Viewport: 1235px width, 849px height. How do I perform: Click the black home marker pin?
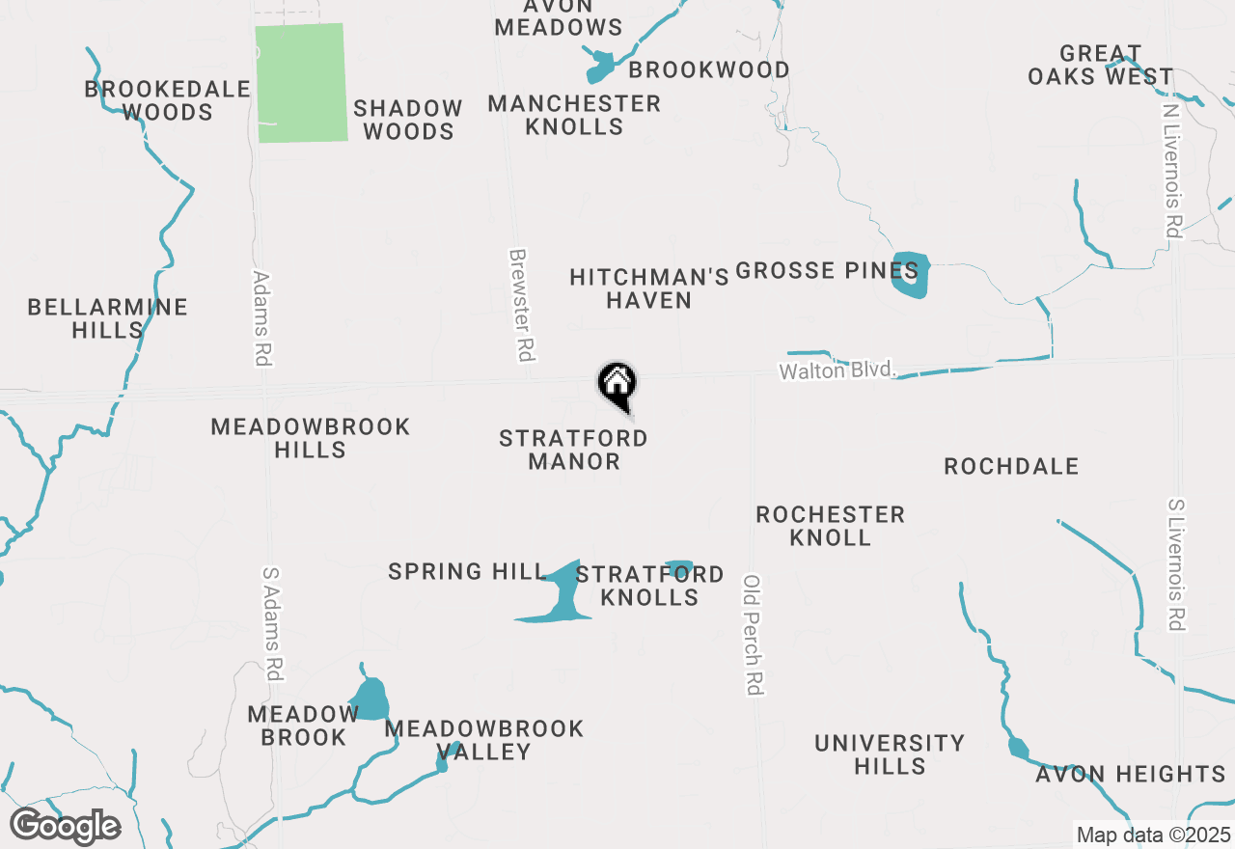[x=617, y=384]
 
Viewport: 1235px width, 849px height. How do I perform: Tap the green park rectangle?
[x=300, y=83]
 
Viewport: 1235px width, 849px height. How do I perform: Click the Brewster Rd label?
[x=521, y=305]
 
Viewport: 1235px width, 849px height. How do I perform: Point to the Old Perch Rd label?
[x=754, y=635]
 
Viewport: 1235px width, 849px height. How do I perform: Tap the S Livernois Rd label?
[x=1175, y=564]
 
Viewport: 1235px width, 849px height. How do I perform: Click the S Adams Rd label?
[x=272, y=623]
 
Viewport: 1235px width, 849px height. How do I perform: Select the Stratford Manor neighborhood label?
[x=573, y=451]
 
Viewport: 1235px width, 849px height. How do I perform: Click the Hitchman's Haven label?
[x=648, y=288]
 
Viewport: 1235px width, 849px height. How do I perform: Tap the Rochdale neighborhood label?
[x=1010, y=467]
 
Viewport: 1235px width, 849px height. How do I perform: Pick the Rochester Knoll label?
[x=830, y=526]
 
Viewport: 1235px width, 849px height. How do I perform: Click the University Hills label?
[x=889, y=754]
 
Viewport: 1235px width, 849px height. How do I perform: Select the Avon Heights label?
[x=1130, y=775]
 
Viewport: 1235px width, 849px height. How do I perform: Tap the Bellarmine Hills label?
[x=107, y=318]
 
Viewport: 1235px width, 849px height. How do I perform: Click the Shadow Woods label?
[x=408, y=120]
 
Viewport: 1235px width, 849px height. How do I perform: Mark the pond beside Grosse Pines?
[x=911, y=275]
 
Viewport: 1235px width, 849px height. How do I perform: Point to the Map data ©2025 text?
[x=1153, y=835]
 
